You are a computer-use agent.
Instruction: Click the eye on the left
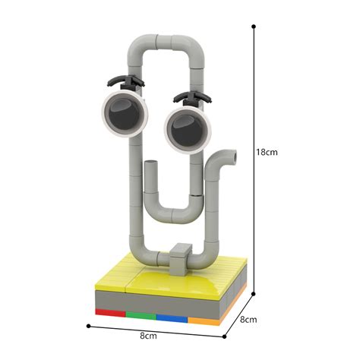point(122,112)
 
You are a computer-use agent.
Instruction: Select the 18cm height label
point(268,152)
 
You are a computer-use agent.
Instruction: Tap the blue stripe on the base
point(171,317)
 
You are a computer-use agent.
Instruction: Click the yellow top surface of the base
point(163,281)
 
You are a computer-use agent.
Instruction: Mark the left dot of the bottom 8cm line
point(89,327)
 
